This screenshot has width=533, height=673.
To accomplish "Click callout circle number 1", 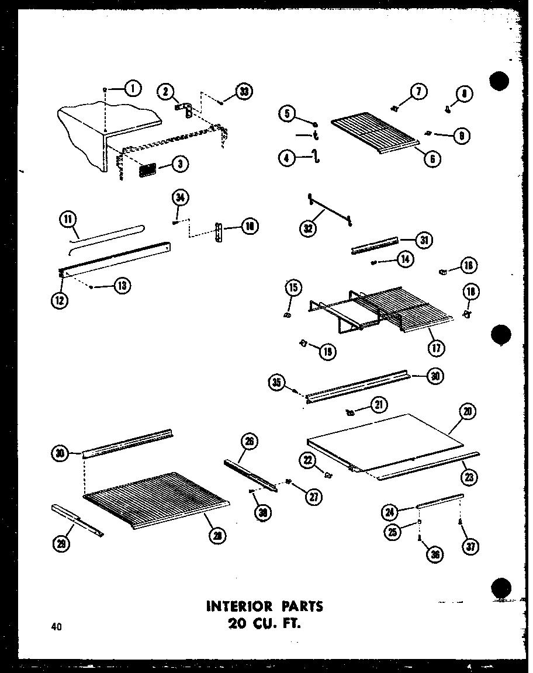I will pos(133,89).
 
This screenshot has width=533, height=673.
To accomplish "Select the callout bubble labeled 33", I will pos(243,91).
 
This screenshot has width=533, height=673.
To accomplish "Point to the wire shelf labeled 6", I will pos(374,132).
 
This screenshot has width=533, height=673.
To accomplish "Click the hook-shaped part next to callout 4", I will pos(316,157).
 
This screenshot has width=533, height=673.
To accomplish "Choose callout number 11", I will pos(68,220).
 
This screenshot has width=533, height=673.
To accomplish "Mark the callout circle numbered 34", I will pos(181,198).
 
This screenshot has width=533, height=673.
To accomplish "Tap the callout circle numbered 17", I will pos(435,348).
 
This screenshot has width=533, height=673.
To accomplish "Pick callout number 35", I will pos(278,383).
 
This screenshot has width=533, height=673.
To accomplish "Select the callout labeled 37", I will pos(469,546).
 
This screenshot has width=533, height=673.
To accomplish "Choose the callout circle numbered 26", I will pos(249,442).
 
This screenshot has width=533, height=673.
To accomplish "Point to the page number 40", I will pos(56,627).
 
